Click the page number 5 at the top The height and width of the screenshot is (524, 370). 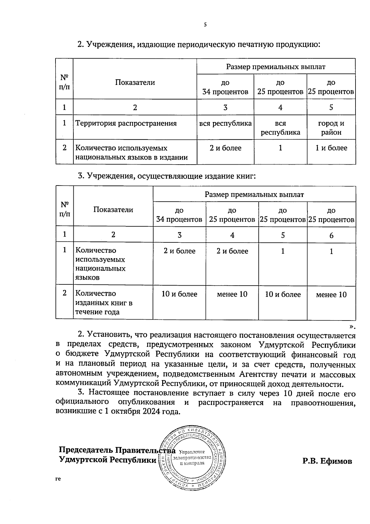(x=205, y=25)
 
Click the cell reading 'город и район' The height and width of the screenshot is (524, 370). (x=331, y=128)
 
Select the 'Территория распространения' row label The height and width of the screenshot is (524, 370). (x=126, y=124)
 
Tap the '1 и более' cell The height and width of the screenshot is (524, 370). (x=331, y=148)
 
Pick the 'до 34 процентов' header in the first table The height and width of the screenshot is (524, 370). (x=225, y=87)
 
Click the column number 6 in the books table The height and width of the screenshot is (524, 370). (x=331, y=236)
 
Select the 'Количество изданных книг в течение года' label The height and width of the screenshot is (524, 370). (x=104, y=303)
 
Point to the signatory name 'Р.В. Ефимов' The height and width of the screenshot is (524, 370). (x=327, y=461)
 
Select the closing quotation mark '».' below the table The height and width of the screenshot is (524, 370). (x=352, y=327)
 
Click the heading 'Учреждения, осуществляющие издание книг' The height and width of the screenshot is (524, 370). (x=171, y=176)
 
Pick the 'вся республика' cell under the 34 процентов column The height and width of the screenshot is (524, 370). (x=225, y=124)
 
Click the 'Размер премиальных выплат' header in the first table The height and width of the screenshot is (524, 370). (x=276, y=67)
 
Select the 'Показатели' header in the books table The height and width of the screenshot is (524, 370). (x=113, y=210)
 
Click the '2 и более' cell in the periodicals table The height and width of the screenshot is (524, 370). (x=225, y=148)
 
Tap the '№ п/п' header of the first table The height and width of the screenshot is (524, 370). (x=64, y=82)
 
